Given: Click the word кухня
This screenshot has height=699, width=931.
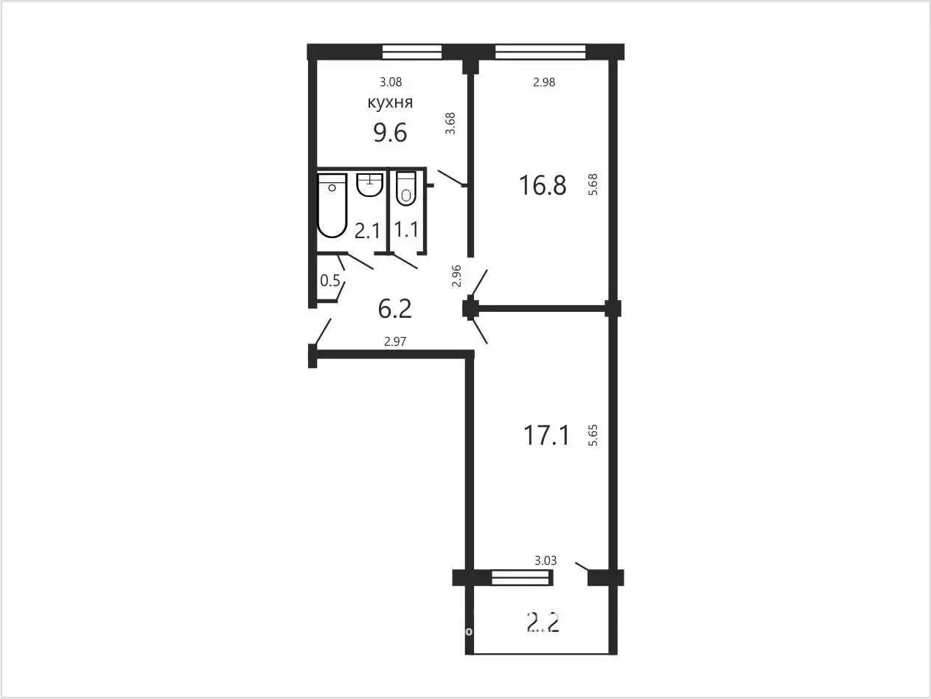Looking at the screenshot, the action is click(390, 102).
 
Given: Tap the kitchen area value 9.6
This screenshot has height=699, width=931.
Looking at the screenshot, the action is click(390, 132).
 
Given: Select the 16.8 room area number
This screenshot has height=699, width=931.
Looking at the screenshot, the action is click(543, 185).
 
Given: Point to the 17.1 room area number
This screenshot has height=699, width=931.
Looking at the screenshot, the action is click(547, 435).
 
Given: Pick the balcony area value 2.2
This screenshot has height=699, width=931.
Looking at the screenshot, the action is click(543, 622).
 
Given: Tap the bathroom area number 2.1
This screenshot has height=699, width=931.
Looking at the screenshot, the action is click(367, 232).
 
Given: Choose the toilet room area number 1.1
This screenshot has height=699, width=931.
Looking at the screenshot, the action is click(407, 229).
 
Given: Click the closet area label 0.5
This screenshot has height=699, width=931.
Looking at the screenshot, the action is click(330, 280).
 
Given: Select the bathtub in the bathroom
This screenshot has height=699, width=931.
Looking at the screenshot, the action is click(332, 205).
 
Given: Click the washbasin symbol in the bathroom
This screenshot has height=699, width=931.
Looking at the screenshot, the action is click(370, 185).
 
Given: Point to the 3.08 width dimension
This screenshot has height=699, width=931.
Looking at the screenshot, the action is click(391, 82).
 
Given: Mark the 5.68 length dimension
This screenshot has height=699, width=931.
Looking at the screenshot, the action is click(593, 184).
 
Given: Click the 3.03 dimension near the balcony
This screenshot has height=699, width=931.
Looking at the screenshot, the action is click(545, 560).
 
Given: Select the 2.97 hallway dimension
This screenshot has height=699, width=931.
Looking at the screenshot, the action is click(395, 341).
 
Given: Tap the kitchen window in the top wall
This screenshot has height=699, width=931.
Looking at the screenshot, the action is click(412, 52).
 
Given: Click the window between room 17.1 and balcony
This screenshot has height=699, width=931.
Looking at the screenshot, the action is click(522, 577).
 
